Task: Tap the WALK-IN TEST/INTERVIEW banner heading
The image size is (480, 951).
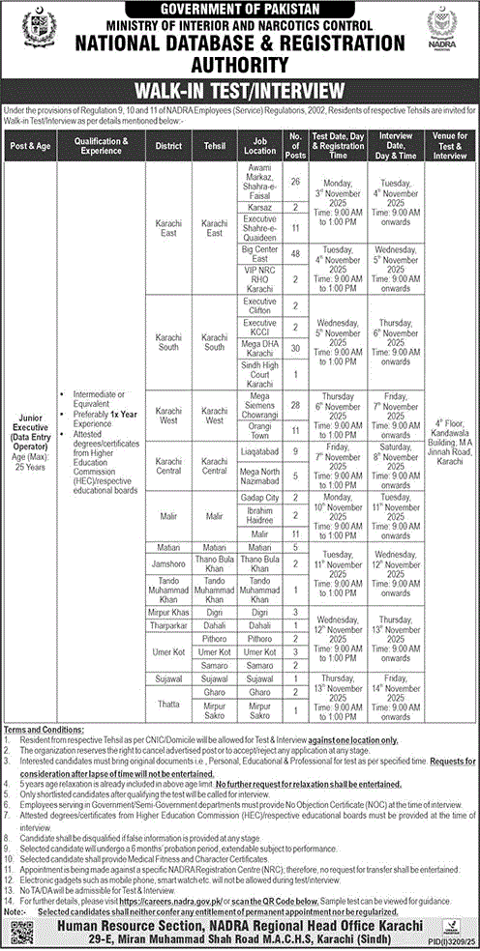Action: pos(240,92)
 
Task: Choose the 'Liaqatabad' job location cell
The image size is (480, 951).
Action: pos(255,449)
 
